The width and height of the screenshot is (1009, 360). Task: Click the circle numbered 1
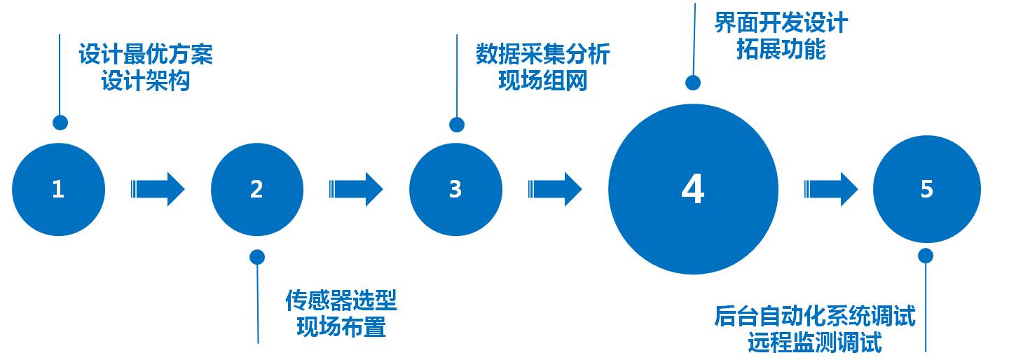tap(58, 189)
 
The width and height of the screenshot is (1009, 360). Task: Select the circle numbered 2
tap(257, 189)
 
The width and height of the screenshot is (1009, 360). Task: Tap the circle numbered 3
tap(455, 189)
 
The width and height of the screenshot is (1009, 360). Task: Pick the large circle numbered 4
tap(693, 189)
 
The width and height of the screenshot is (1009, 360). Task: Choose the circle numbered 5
tap(926, 189)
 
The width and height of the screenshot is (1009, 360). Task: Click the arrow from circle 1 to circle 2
tap(158, 189)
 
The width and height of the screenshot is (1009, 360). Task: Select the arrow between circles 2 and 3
tap(356, 189)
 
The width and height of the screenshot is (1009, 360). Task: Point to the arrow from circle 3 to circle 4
tap(555, 189)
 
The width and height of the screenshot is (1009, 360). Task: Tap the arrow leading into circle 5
tap(831, 189)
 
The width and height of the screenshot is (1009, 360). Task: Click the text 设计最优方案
tap(145, 55)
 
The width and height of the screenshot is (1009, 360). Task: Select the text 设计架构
tap(145, 81)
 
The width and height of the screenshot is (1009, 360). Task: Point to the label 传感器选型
tap(341, 301)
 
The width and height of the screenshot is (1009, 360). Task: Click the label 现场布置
tap(341, 327)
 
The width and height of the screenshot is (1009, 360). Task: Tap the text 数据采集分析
tap(543, 55)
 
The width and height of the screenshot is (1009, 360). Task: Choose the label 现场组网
tap(543, 81)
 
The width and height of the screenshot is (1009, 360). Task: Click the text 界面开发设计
tap(781, 23)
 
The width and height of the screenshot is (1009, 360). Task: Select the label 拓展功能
tap(781, 50)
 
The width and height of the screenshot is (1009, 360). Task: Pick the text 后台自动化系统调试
tap(815, 317)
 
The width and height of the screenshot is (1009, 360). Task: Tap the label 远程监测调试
tap(815, 343)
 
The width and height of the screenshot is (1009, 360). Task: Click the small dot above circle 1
tap(60, 123)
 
